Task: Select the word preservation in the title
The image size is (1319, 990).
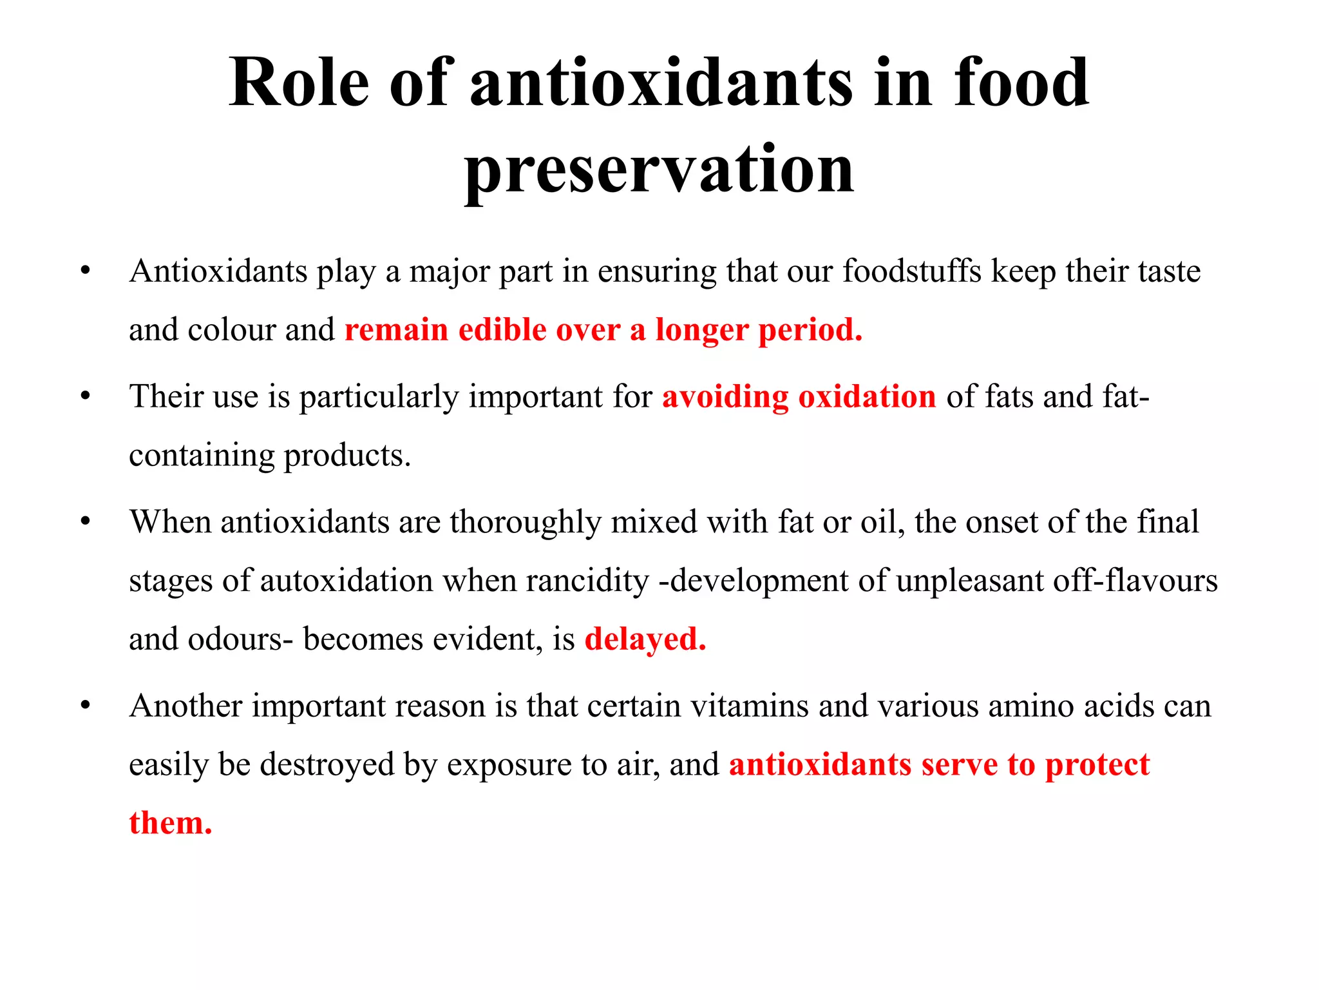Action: point(659,169)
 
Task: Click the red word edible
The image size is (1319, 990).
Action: point(502,330)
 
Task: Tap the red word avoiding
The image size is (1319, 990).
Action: point(725,397)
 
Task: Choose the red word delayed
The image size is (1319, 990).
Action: point(645,639)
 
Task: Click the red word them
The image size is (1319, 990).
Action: point(170,823)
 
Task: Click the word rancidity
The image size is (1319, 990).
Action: point(587,581)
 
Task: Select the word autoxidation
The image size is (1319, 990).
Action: point(346,581)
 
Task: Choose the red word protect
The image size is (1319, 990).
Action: point(1097,765)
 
